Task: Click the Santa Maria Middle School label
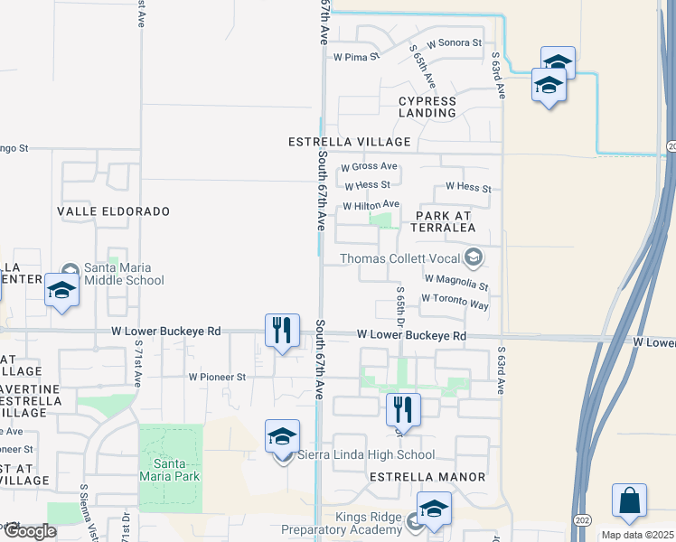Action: pyautogui.click(x=124, y=274)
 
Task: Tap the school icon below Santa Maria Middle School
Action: pyautogui.click(x=61, y=291)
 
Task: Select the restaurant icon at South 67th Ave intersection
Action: pyautogui.click(x=282, y=330)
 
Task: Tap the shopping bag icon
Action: pyautogui.click(x=629, y=501)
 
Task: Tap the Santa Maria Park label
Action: pyautogui.click(x=170, y=469)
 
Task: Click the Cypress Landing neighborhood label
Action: pyautogui.click(x=427, y=107)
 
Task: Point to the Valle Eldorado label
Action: pyautogui.click(x=113, y=211)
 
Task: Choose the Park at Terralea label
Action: pyautogui.click(x=445, y=221)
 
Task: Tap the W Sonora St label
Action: pyautogui.click(x=455, y=42)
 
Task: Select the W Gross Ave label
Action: pyautogui.click(x=369, y=166)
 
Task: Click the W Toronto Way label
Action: pyautogui.click(x=455, y=302)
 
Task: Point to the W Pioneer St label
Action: pyautogui.click(x=217, y=377)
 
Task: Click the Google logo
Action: pyautogui.click(x=29, y=531)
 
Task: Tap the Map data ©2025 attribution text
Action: pyautogui.click(x=637, y=535)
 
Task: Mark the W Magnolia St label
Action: pyautogui.click(x=455, y=283)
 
